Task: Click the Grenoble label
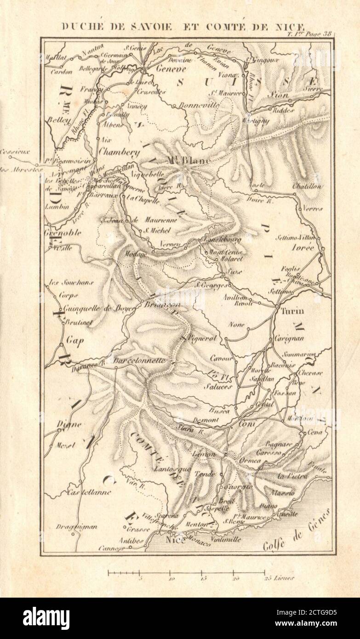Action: [x=63, y=233]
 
